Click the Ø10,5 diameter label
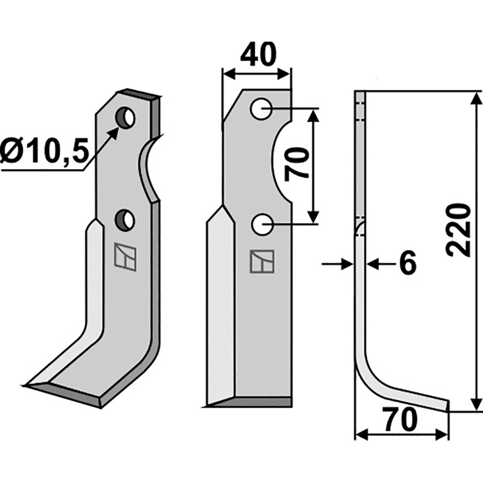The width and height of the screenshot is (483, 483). (x=44, y=150)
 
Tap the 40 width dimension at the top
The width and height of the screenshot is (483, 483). (x=258, y=54)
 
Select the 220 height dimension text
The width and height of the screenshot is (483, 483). (x=459, y=230)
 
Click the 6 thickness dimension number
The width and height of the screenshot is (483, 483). (x=408, y=263)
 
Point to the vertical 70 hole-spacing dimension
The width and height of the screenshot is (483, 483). (x=296, y=164)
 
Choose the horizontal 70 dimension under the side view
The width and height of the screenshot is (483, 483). (x=401, y=420)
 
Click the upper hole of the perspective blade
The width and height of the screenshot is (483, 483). (x=125, y=118)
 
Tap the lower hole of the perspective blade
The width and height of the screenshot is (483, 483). (x=125, y=220)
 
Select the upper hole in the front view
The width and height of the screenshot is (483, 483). (x=261, y=109)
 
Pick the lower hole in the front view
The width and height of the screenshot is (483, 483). (x=262, y=225)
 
